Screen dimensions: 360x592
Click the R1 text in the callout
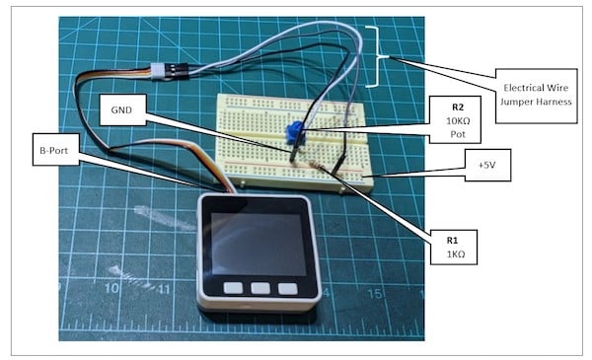click(457, 238)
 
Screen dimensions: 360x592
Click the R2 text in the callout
click(457, 107)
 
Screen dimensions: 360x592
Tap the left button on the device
click(232, 289)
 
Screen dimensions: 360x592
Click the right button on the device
click(287, 289)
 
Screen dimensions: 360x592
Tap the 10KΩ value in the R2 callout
click(457, 119)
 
